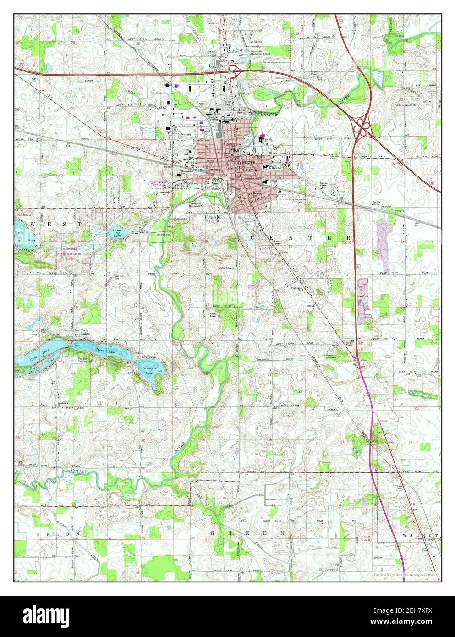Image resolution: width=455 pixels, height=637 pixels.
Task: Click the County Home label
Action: [x=377, y=203]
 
